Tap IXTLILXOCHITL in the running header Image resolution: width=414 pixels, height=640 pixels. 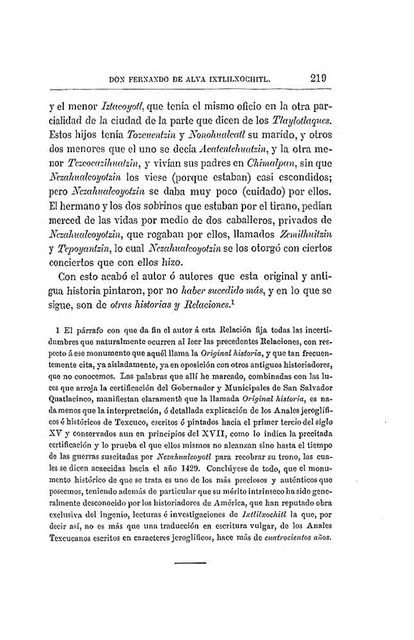(237, 79)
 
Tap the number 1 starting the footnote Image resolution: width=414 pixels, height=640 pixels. (65, 330)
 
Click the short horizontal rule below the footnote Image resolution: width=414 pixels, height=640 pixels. (190, 562)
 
